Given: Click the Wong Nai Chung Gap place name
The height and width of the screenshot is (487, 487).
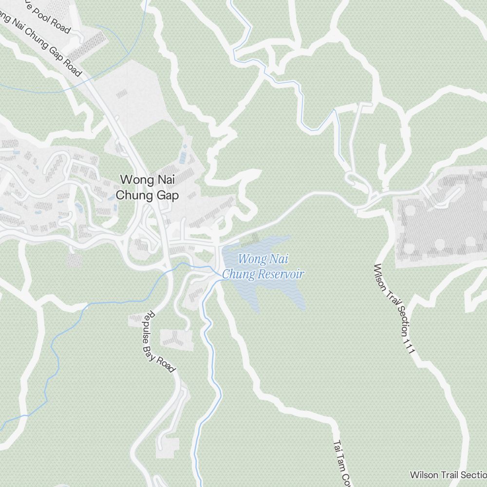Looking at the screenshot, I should coord(147,188).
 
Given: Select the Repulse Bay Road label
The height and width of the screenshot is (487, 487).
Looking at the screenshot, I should coord(160,342).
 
